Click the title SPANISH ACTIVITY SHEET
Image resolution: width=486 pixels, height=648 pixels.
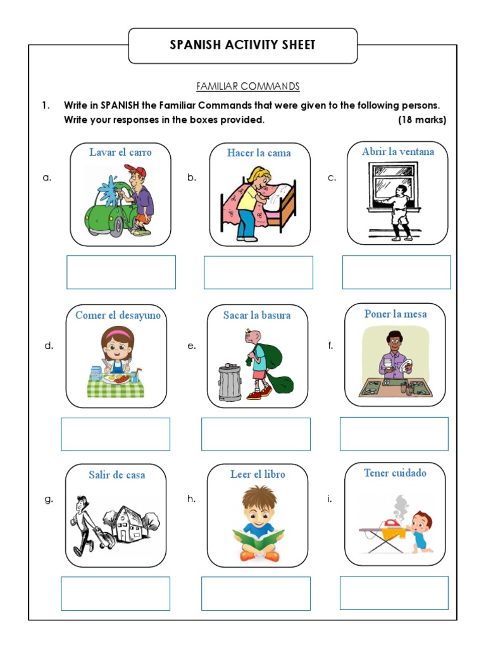(x=242, y=45)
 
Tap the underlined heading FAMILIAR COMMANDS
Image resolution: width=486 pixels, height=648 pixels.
(x=247, y=86)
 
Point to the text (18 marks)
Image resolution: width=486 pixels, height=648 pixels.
(x=422, y=120)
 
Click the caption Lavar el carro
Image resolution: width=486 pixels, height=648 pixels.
(x=120, y=153)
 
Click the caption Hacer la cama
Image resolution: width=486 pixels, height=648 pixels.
(x=259, y=153)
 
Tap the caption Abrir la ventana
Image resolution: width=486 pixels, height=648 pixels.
(x=398, y=152)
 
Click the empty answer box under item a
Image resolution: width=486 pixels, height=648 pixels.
(x=121, y=272)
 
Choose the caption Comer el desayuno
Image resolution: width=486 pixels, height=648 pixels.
(x=118, y=315)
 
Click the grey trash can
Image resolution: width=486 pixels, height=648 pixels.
(x=230, y=383)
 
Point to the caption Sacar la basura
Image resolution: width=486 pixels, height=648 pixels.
(x=257, y=315)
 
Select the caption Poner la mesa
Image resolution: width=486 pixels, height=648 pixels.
(x=396, y=314)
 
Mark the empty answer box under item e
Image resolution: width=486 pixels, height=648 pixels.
(x=256, y=434)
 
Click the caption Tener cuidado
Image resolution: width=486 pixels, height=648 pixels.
(x=395, y=473)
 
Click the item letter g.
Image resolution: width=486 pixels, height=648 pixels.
(x=49, y=499)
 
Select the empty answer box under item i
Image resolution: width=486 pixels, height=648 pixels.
(x=394, y=593)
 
